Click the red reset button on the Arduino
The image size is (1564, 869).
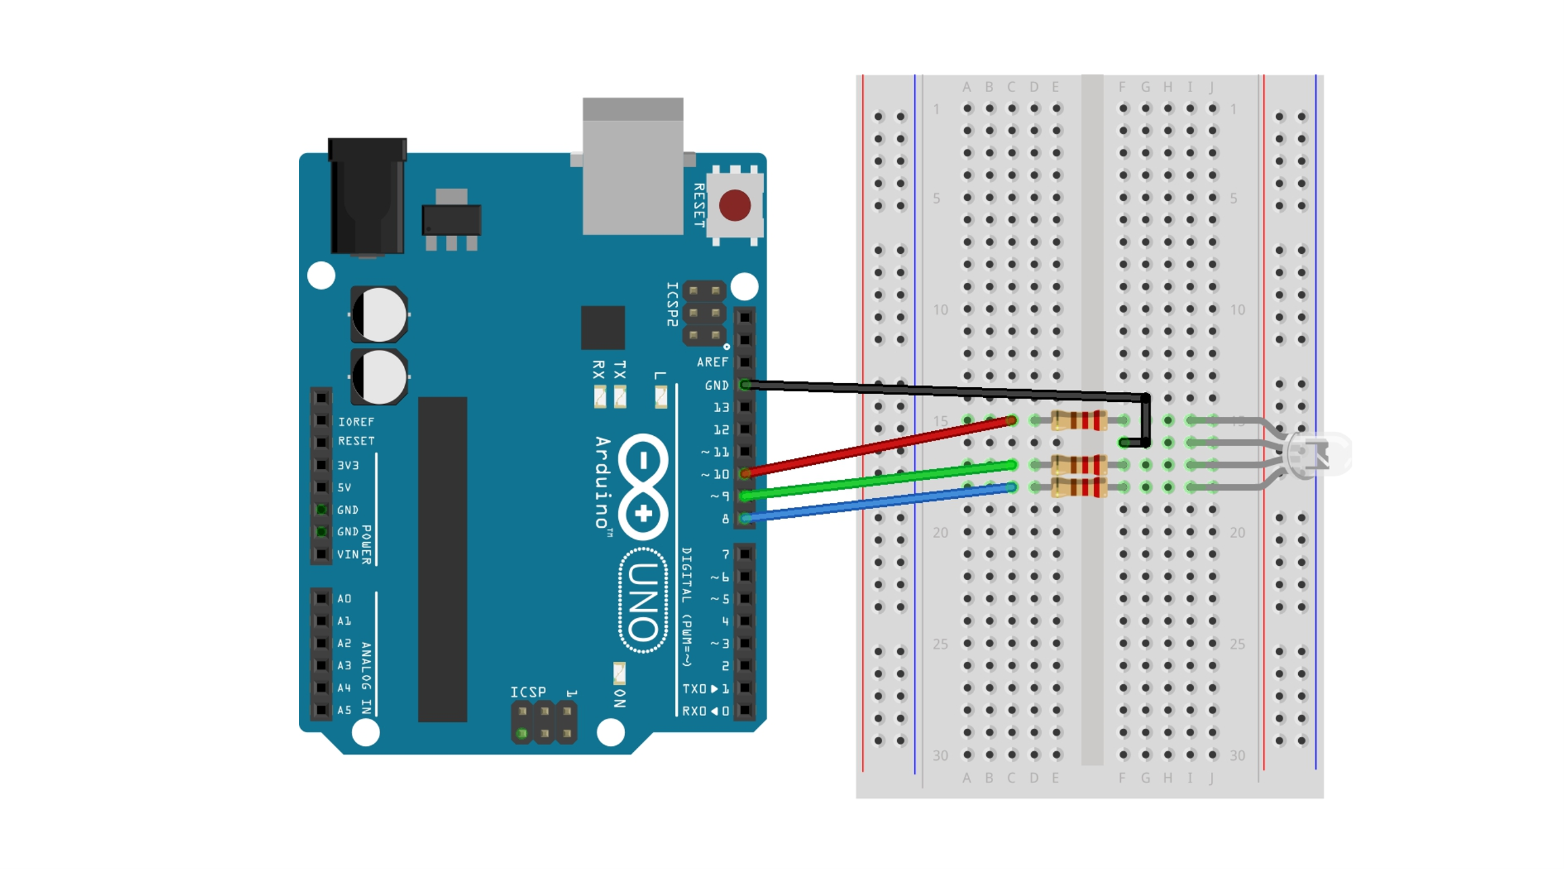(735, 206)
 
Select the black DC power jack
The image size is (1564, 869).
(367, 196)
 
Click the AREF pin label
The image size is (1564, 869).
(712, 363)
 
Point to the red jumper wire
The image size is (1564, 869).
(879, 447)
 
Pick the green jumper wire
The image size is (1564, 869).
(879, 481)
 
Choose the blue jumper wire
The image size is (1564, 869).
(879, 502)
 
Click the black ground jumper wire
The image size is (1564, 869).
(947, 390)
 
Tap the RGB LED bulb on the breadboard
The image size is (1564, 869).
(1316, 454)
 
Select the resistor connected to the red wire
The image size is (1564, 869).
(1079, 421)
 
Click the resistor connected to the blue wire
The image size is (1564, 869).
(1079, 487)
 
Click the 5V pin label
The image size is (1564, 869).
(344, 488)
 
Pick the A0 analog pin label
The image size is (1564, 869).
(344, 599)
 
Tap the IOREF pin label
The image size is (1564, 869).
(356, 422)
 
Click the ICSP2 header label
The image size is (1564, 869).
(672, 305)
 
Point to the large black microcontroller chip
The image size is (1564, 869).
(442, 559)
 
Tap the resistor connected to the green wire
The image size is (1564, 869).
(1079, 466)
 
